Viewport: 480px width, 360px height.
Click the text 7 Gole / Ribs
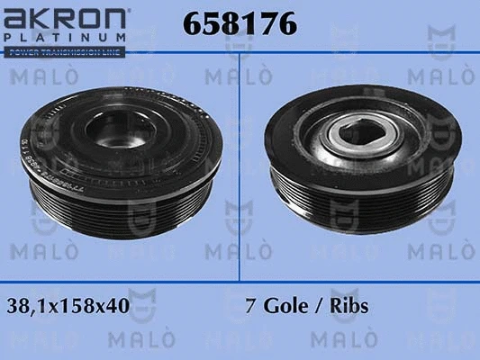coord(306,306)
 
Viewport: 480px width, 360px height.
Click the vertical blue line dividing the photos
coord(239,180)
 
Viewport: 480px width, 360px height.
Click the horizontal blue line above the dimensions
coord(240,276)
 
